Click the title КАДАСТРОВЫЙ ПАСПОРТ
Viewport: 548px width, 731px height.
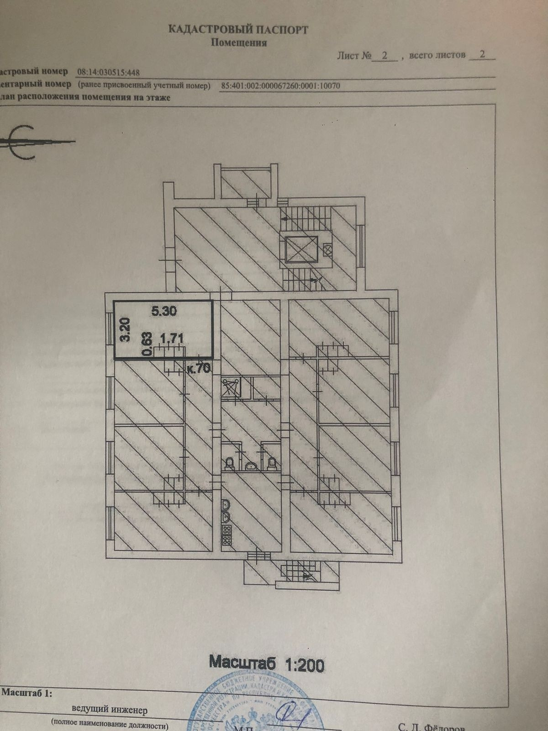coord(238,30)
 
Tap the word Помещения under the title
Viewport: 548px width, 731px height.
coord(238,43)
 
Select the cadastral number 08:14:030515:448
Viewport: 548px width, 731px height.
coord(109,72)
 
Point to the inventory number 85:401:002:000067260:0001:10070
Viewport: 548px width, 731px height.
coord(280,85)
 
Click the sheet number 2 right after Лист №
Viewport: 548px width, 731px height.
coord(385,56)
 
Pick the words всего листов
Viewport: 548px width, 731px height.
coord(437,55)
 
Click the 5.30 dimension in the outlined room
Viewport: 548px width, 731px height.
coord(163,311)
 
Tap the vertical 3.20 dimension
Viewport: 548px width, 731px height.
coord(125,329)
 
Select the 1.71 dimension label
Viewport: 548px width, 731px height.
coord(171,339)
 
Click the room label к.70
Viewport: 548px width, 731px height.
coord(199,369)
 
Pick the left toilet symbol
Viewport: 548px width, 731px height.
coord(230,463)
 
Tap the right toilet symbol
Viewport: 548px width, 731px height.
coord(272,463)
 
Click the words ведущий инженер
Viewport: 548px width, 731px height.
coord(110,710)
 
